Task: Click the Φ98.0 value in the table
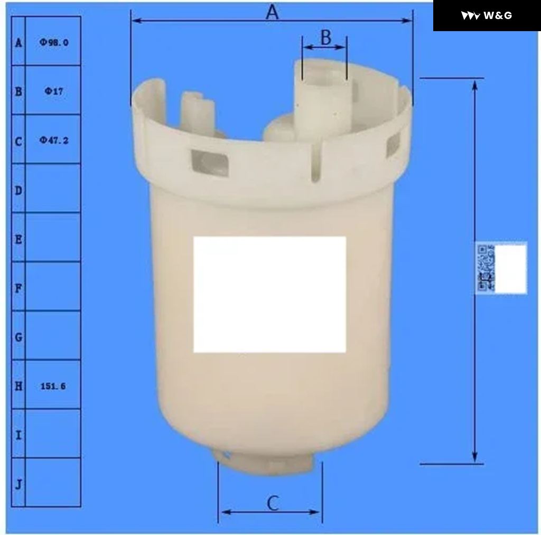coord(54,43)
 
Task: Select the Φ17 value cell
coord(54,91)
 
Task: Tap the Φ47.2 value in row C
coord(54,140)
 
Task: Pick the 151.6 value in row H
coord(53,386)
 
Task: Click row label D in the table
coord(18,191)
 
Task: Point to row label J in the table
coord(18,485)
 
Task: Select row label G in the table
coord(18,337)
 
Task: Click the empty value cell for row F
coord(53,286)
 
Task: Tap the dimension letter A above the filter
coord(272,13)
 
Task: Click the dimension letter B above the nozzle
coord(326,37)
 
